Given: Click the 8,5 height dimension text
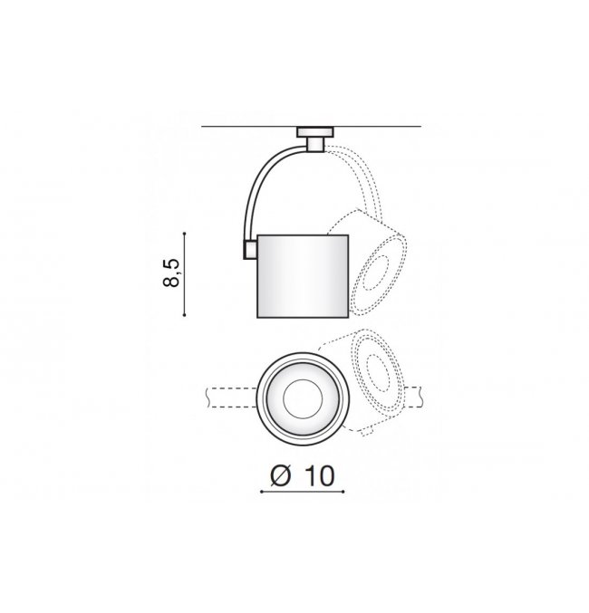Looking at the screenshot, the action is click(171, 273).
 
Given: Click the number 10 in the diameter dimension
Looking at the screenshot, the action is click(319, 475).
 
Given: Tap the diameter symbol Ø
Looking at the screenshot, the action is click(281, 475).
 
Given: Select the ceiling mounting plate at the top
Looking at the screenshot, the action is click(315, 132).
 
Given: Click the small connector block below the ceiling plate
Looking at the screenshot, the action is click(315, 144).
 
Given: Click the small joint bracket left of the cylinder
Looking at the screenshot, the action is click(250, 250).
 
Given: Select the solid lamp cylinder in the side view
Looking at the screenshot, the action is click(303, 276).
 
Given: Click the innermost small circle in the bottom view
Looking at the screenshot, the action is click(303, 398).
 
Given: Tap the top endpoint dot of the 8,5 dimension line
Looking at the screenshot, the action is click(184, 233).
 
